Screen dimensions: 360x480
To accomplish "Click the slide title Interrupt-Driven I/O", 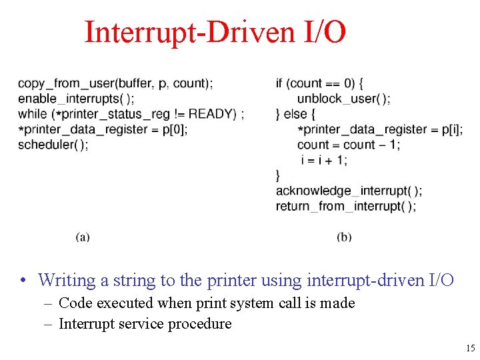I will (x=215, y=32).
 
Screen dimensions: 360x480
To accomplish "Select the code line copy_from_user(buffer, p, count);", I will (x=115, y=83).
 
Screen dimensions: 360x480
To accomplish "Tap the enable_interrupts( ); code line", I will (x=75, y=99).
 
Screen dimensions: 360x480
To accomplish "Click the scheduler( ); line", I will (x=53, y=145).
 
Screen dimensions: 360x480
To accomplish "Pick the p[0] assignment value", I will (x=175, y=129).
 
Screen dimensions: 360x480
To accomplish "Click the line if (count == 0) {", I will (x=319, y=83).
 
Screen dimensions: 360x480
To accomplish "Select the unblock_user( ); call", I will (x=344, y=99).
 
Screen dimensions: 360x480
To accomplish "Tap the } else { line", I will (x=296, y=114).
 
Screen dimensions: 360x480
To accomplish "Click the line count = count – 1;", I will (x=349, y=145).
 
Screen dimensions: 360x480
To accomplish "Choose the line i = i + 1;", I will (x=324, y=160).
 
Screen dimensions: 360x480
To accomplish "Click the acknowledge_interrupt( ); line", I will (x=349, y=191).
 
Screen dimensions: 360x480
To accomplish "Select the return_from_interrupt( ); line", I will (x=346, y=206).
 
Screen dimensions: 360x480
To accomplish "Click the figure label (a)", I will (x=83, y=237).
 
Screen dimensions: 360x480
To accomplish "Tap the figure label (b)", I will (x=345, y=237).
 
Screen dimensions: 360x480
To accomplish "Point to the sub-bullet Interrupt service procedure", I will (x=145, y=324).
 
